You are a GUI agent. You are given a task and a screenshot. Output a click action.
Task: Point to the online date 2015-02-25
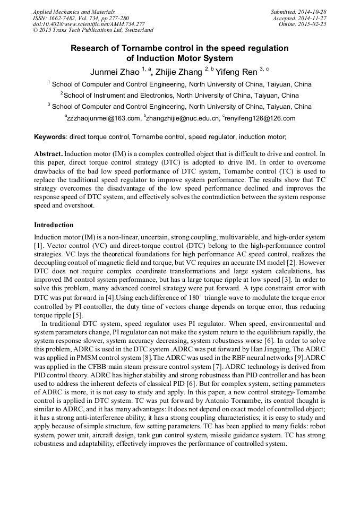[314, 24]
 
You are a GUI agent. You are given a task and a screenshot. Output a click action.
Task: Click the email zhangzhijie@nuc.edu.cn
[181, 119]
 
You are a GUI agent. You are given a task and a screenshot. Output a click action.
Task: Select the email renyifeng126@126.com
[260, 119]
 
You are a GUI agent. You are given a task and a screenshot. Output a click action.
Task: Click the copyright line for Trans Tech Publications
[93, 31]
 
